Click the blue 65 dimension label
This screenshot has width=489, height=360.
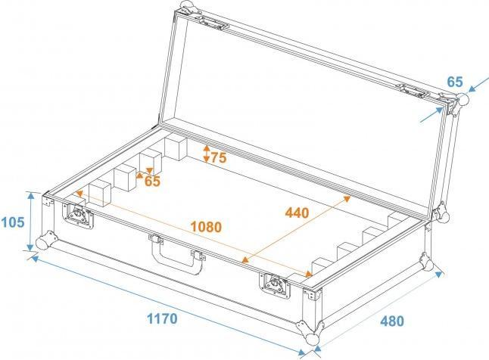[x=454, y=82]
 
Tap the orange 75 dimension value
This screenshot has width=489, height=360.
[x=217, y=157]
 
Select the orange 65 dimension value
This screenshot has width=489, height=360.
[x=152, y=181]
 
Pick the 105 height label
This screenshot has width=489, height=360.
[x=14, y=222]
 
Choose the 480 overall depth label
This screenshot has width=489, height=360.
[x=391, y=321]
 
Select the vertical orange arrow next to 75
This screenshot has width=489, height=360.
[x=206, y=154]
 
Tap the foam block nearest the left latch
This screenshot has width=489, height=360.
[x=100, y=195]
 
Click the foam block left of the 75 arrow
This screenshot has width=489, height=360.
[x=176, y=148]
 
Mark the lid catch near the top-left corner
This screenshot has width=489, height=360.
[x=214, y=23]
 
